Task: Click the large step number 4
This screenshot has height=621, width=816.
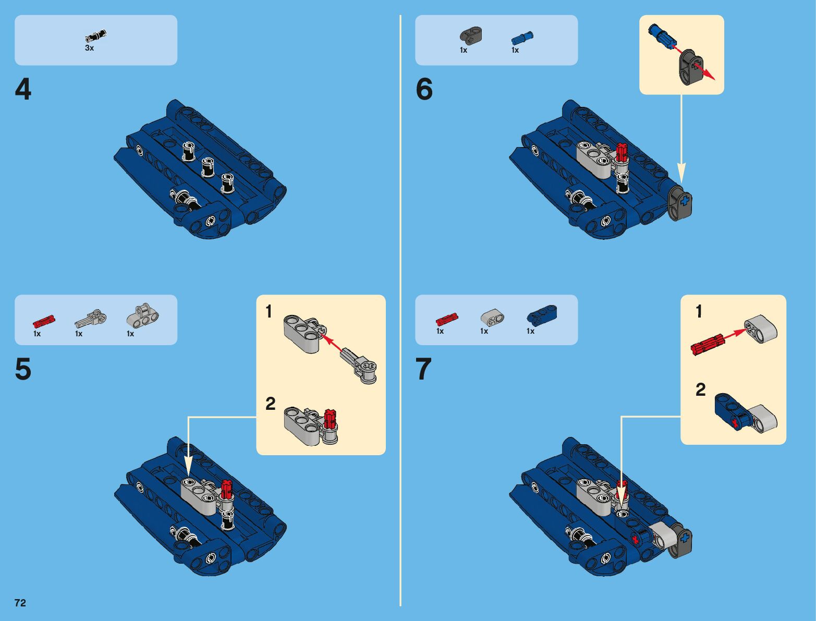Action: pyautogui.click(x=23, y=90)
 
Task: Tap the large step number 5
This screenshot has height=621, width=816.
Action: pyautogui.click(x=23, y=369)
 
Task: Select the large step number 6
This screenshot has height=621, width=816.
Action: pyautogui.click(x=424, y=90)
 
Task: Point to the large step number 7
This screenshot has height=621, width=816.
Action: pyautogui.click(x=424, y=369)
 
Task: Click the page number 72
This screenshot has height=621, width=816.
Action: pyautogui.click(x=20, y=603)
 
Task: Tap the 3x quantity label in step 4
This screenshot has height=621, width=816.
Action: pyautogui.click(x=89, y=48)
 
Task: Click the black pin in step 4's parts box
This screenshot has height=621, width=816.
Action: pyautogui.click(x=96, y=35)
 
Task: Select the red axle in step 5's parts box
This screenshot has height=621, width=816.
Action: pyautogui.click(x=44, y=321)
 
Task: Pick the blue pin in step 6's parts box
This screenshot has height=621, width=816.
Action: pyautogui.click(x=522, y=38)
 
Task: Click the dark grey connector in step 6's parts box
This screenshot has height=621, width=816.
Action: pyautogui.click(x=471, y=34)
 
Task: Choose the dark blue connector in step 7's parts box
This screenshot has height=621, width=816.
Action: pyautogui.click(x=542, y=314)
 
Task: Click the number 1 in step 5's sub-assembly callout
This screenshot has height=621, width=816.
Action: pyautogui.click(x=269, y=312)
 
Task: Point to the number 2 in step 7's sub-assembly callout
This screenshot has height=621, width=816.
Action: pyautogui.click(x=700, y=390)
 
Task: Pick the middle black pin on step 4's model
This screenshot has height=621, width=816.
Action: pyautogui.click(x=208, y=167)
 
